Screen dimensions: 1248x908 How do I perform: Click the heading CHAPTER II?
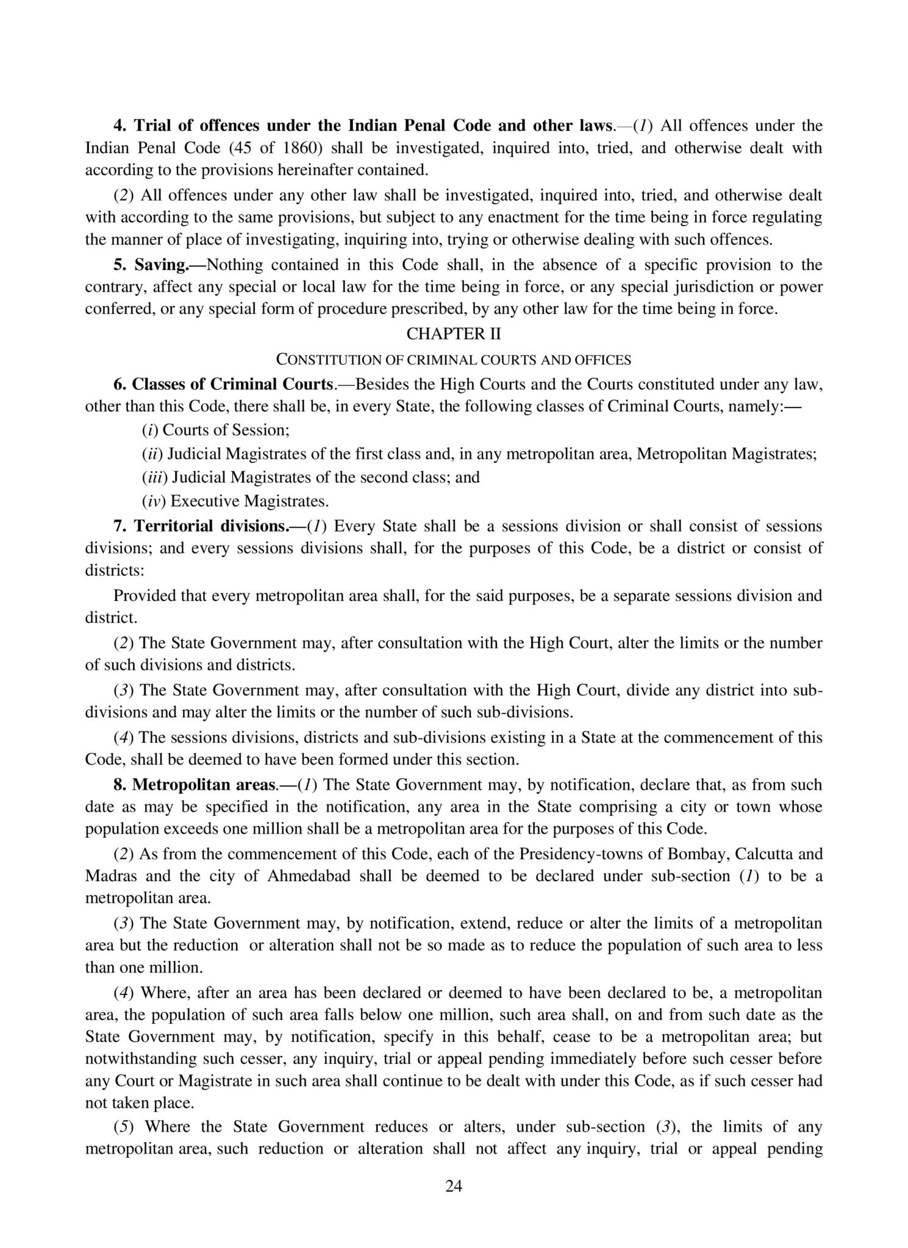[x=454, y=334]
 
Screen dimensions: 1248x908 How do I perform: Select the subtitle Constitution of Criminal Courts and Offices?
[x=454, y=360]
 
